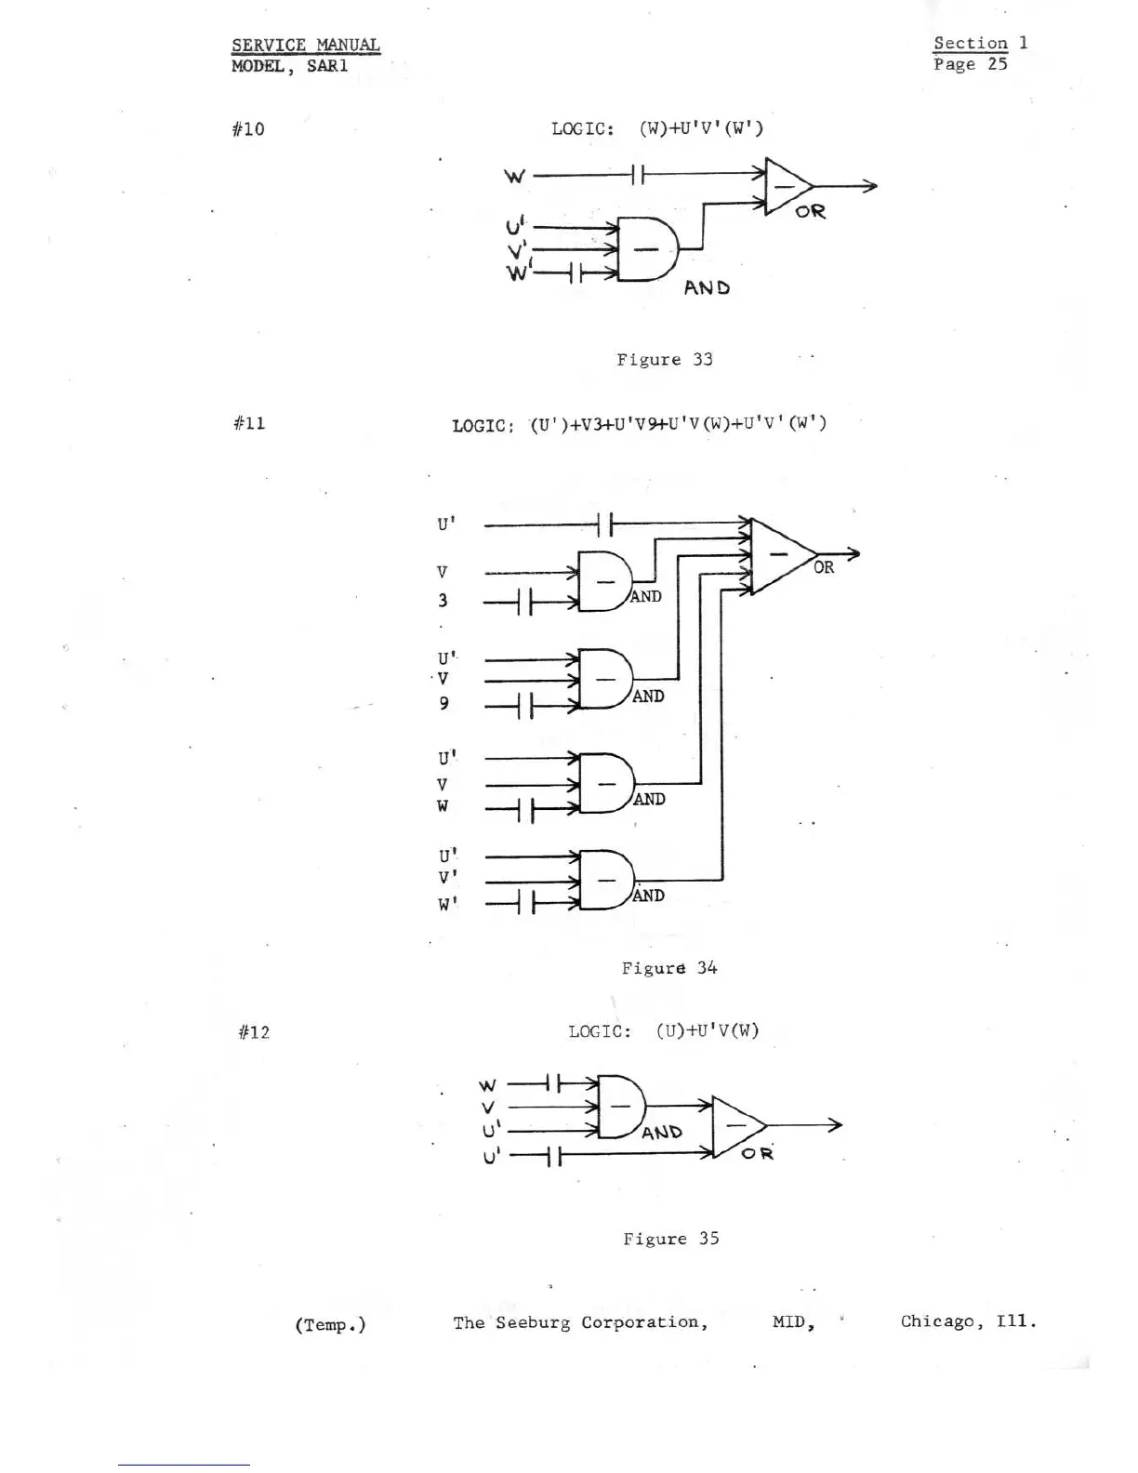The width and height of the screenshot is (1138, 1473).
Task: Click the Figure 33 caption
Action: click(664, 360)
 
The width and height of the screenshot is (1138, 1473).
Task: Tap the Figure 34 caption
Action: click(669, 968)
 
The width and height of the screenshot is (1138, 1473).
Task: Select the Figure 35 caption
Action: click(670, 1239)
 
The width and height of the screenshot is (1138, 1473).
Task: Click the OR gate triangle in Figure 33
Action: click(787, 186)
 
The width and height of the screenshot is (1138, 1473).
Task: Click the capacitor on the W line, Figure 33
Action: click(636, 174)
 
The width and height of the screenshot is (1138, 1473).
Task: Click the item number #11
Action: click(249, 423)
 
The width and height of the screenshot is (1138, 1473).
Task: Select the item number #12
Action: click(253, 1032)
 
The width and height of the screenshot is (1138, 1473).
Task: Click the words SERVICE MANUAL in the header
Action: click(306, 45)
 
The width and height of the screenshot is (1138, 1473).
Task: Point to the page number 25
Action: click(998, 64)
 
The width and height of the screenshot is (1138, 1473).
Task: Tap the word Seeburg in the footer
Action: click(533, 1322)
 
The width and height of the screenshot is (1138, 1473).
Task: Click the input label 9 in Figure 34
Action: click(443, 703)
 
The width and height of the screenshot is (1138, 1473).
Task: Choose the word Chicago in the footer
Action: click(937, 1321)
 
